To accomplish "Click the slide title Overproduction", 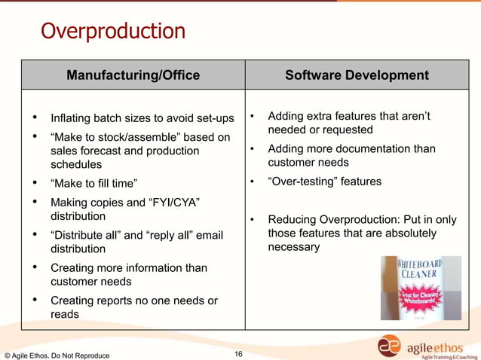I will click(x=112, y=32).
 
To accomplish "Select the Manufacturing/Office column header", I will click(x=133, y=75).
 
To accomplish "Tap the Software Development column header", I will click(x=357, y=75).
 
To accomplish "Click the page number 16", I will click(x=238, y=354).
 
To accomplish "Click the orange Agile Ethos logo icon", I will click(x=390, y=345).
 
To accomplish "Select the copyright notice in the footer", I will click(x=57, y=355).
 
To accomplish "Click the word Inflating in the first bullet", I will click(x=72, y=118).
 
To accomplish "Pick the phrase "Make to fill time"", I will click(x=94, y=183).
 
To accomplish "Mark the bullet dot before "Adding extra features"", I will click(x=253, y=117).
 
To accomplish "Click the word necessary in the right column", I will click(x=294, y=247).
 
